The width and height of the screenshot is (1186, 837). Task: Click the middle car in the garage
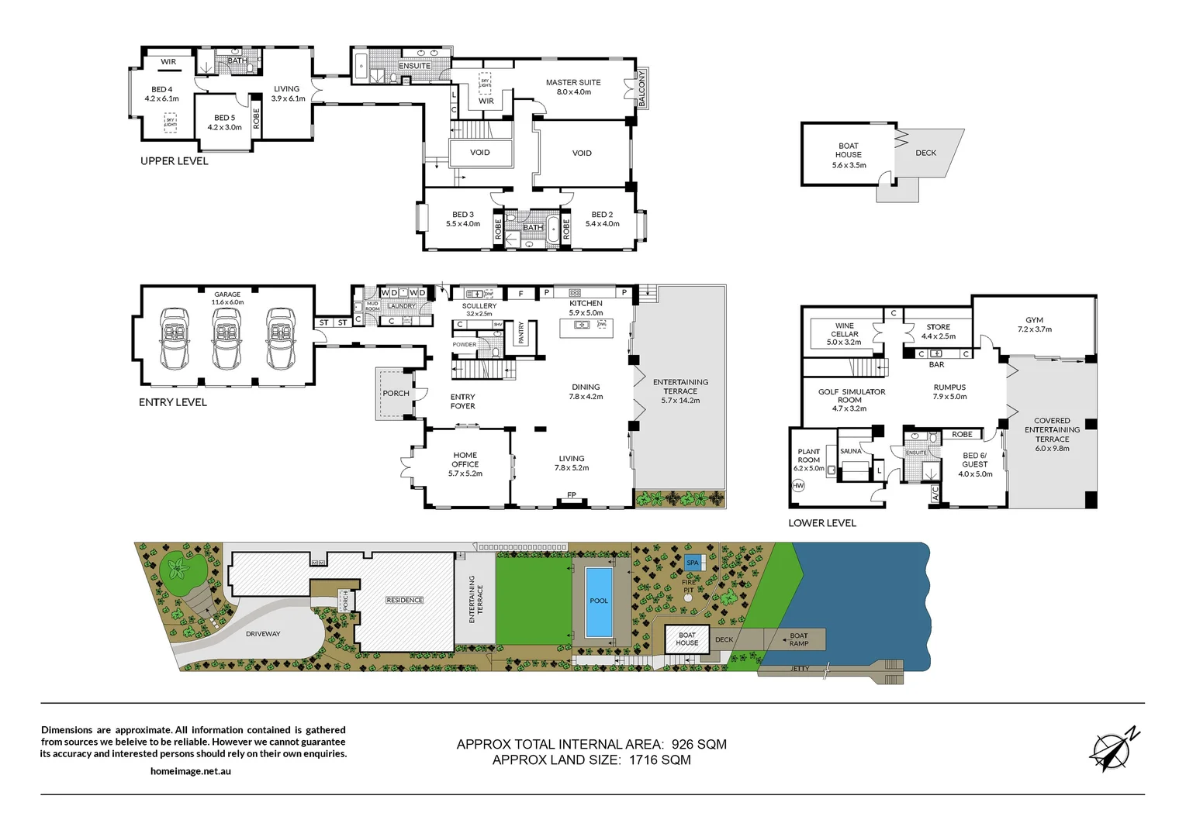pos(226,339)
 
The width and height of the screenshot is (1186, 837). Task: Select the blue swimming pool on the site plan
pos(598,601)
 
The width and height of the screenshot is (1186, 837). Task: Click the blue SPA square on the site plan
pos(693,563)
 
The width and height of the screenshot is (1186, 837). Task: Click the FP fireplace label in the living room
pos(572,495)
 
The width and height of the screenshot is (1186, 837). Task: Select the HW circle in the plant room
pos(798,485)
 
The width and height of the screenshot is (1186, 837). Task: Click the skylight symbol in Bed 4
pos(171,122)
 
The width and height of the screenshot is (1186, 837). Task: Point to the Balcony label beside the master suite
pos(641,88)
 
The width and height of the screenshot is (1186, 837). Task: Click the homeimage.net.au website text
pos(191,771)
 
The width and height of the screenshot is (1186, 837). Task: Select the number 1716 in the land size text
pos(642,760)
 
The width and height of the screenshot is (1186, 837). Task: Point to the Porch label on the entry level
pos(396,394)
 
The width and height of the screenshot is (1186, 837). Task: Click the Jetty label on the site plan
pos(800,669)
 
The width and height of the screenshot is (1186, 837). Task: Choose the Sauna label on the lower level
pos(850,451)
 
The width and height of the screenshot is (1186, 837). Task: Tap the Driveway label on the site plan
pos(263,634)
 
